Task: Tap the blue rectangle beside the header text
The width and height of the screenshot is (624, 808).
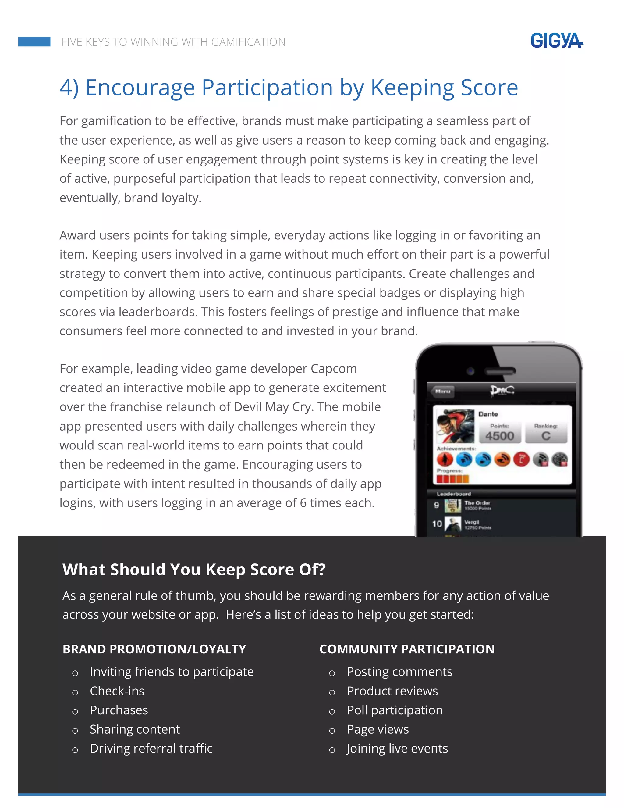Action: coord(34,41)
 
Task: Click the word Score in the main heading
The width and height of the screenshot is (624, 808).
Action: coord(489,88)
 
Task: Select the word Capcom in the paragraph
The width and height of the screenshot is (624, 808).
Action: coord(333,369)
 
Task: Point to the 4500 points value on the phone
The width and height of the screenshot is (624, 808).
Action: coord(499,436)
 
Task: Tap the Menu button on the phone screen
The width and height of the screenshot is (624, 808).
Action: coord(442,391)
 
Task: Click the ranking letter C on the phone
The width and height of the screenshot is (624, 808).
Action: coord(546,436)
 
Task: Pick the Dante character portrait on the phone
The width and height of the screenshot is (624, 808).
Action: coord(455,426)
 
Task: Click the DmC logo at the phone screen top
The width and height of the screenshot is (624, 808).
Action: coord(502,391)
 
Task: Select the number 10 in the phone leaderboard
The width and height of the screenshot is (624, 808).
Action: coord(437,524)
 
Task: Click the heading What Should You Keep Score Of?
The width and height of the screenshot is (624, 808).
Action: coord(194,569)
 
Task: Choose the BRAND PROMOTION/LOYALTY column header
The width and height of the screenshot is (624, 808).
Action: coord(154,649)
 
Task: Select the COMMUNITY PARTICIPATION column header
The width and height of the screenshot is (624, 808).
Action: coord(407,649)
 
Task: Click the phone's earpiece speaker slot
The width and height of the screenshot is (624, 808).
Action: coord(499,371)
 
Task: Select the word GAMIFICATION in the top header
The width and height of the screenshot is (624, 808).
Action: coord(248,42)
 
